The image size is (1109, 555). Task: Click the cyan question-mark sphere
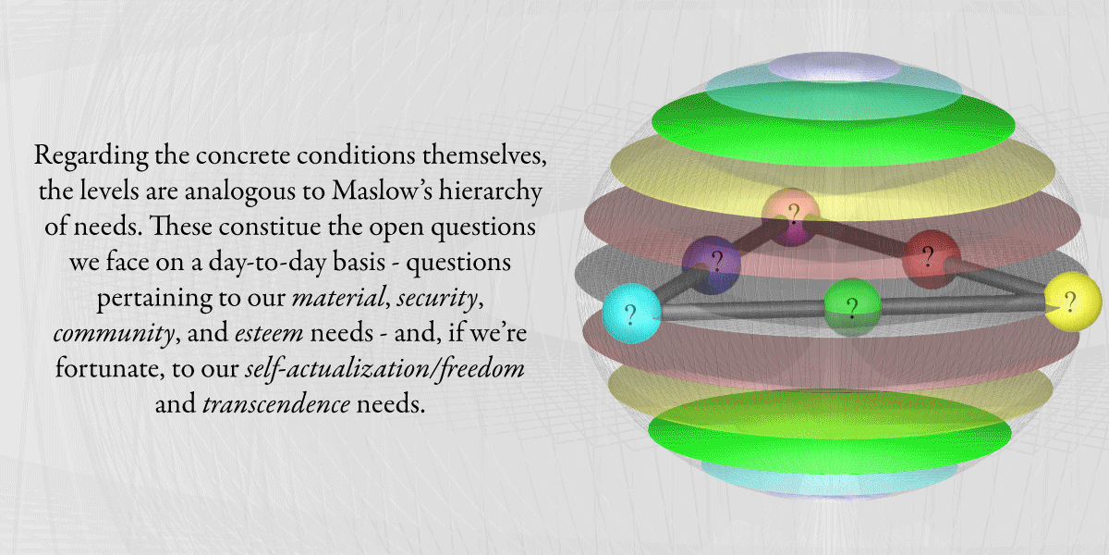631,314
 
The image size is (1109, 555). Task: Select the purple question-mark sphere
712,265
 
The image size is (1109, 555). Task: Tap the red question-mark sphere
932,259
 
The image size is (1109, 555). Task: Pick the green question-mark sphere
852,308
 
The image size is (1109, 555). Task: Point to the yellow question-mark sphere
1073,302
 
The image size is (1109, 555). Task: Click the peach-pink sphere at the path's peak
791,217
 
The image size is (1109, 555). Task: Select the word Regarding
91,156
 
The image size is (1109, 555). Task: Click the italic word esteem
269,333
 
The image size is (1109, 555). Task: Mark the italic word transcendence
276,404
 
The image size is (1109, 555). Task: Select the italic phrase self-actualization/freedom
384,369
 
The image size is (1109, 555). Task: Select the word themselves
484,155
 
